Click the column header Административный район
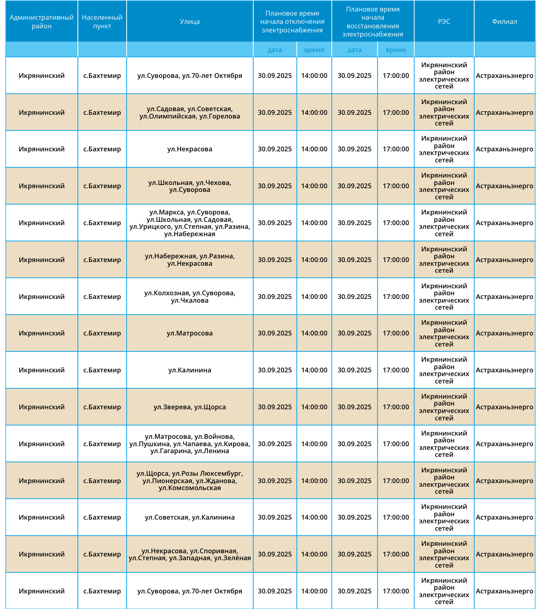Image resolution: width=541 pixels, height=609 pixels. coord(41,22)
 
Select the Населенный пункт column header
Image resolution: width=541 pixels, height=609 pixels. coord(102,22)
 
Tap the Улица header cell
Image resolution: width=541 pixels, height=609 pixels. coord(190,22)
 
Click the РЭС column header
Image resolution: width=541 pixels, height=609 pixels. coord(444,22)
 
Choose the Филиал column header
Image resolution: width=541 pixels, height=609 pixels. coord(505,22)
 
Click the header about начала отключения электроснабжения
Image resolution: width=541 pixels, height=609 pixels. coord(292,22)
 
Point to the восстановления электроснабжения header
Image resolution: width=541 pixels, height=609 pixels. coord(373,22)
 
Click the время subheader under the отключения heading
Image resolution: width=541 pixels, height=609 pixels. coord(314,50)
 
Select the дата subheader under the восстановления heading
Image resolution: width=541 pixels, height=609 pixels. coord(354,50)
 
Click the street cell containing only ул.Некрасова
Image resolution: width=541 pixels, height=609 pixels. coord(190,149)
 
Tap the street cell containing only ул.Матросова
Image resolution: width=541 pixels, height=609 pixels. coord(190,333)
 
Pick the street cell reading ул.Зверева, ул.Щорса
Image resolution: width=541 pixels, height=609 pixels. coord(190,407)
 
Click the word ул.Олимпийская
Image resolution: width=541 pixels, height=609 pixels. coord(168,116)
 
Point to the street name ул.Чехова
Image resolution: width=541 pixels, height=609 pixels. coord(214,183)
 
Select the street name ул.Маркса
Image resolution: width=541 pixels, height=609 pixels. coord(166,212)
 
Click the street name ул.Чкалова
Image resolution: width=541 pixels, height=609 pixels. coord(190,301)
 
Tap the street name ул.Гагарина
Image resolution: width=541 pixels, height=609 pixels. coord(170,451)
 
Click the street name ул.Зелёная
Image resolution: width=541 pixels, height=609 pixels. coord(232,558)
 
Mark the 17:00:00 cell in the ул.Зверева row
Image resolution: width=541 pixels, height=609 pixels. coord(396,407)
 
